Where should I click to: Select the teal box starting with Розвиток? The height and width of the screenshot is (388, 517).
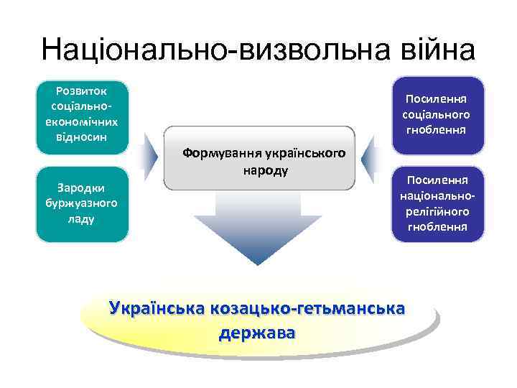[x=82, y=116]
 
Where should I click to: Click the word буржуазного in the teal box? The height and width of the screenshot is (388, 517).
[x=82, y=203]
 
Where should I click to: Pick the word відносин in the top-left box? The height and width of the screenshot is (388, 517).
[x=82, y=137]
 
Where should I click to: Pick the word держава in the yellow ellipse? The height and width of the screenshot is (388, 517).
[x=258, y=333]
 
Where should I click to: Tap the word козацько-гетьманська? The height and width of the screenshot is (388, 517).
[x=309, y=309]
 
